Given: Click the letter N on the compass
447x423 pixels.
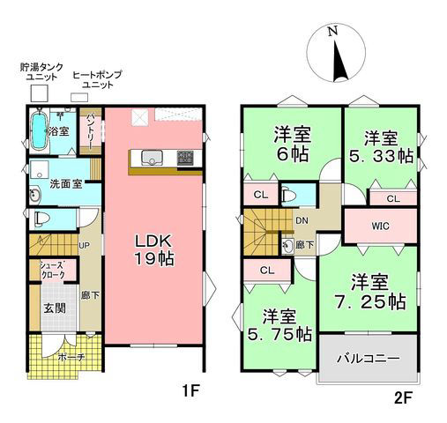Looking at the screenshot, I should click(x=332, y=32).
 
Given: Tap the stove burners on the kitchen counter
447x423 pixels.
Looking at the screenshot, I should click(x=186, y=158).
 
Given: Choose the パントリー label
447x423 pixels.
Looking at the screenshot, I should click(x=92, y=130).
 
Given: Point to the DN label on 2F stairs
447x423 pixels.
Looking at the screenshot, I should click(x=301, y=220).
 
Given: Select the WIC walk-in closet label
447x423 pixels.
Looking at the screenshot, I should click(x=380, y=226).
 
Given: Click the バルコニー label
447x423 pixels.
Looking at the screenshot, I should click(x=369, y=360).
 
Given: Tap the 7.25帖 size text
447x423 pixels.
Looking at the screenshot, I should click(x=369, y=301).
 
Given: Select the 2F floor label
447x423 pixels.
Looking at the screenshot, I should click(x=405, y=397).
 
